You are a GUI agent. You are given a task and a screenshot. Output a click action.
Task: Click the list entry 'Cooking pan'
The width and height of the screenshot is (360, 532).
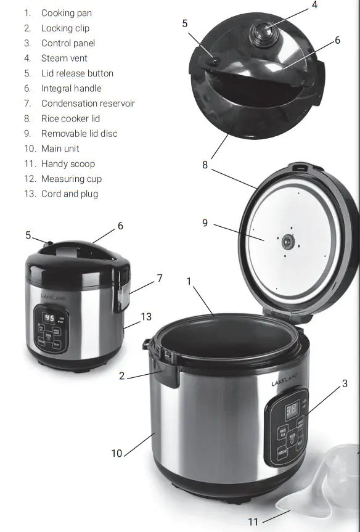67,13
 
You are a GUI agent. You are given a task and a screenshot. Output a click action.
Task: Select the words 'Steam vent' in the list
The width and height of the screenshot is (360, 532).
64,58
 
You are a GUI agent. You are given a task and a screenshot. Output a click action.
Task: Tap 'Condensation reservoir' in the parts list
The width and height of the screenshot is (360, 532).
88,103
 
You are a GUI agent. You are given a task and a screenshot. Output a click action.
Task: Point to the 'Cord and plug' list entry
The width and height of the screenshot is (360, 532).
69,194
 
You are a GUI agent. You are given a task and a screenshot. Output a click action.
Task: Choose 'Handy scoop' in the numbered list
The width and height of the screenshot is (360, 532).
68,163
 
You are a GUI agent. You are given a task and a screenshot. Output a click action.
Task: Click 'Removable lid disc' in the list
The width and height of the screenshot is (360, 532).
79,133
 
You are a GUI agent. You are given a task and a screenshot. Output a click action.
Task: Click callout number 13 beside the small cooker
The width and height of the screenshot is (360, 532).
146,316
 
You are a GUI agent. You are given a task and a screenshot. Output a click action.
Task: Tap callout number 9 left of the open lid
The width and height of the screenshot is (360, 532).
205,223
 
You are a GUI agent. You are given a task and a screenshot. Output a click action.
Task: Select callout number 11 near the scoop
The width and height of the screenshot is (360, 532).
253,522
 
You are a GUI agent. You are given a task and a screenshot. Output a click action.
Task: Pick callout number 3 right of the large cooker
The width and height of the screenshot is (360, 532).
345,383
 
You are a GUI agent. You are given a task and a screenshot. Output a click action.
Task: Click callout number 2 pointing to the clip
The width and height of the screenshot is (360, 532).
122,375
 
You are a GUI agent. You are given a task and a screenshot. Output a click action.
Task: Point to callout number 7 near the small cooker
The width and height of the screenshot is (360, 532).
160,278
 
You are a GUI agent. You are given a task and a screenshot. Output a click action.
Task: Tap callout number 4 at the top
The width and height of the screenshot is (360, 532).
314,5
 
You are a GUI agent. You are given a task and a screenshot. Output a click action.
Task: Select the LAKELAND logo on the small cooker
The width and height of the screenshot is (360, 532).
52,297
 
